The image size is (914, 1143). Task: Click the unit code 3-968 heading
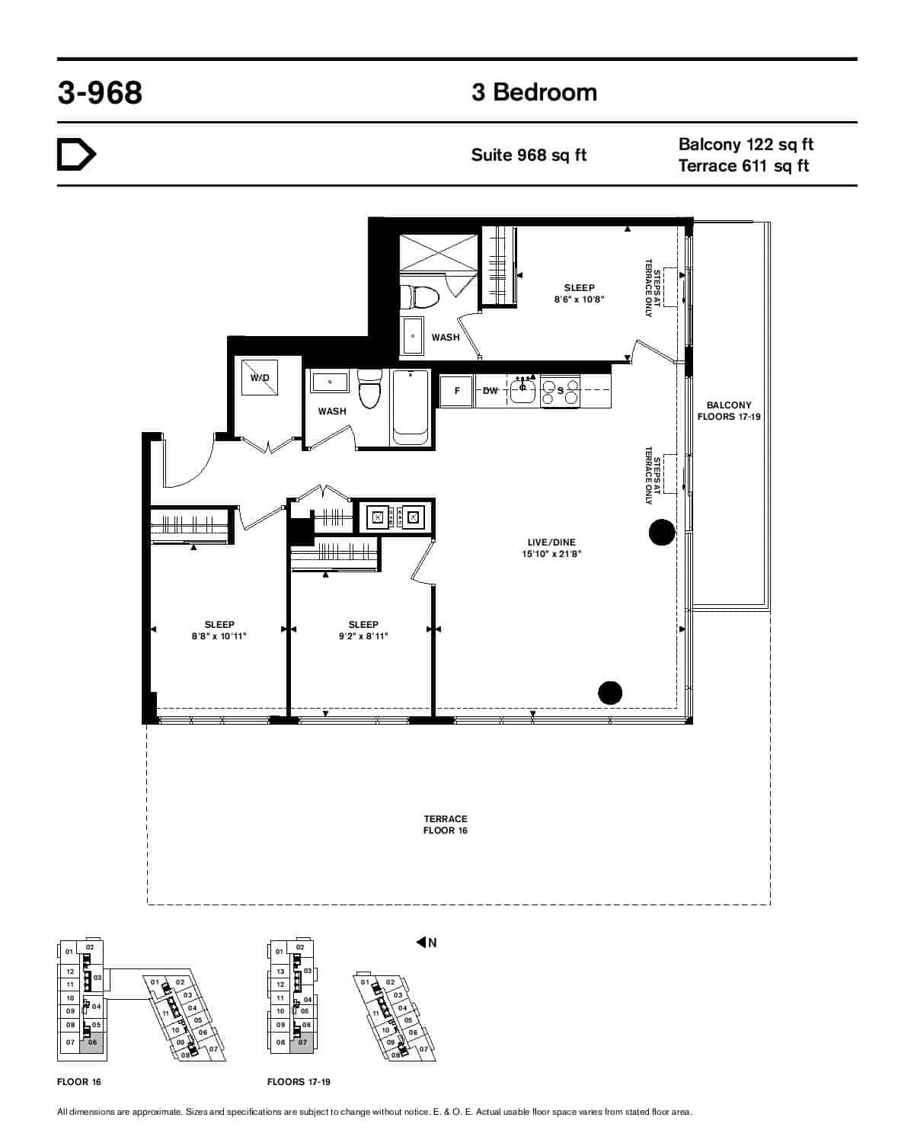(x=100, y=93)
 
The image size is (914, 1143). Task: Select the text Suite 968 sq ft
(x=529, y=155)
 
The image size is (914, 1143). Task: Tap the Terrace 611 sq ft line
(x=743, y=166)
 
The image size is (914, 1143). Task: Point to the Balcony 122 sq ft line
(x=746, y=144)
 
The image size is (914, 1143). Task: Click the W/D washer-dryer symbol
(x=260, y=378)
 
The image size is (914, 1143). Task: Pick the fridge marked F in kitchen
(x=457, y=391)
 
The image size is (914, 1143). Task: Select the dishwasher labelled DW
(x=491, y=391)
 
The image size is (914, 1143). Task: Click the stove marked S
(x=561, y=391)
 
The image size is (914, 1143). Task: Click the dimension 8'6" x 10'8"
(x=579, y=299)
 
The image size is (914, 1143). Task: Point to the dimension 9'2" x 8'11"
(x=363, y=636)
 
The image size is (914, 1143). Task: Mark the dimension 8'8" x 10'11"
(x=219, y=636)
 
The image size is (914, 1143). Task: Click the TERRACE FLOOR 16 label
(x=446, y=824)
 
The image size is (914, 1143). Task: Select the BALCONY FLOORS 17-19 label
(x=729, y=411)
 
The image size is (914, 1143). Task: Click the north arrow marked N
(x=427, y=943)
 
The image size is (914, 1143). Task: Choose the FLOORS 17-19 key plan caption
(x=299, y=1082)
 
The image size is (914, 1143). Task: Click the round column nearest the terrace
(x=610, y=692)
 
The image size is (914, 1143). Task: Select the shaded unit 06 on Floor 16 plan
(x=92, y=1043)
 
